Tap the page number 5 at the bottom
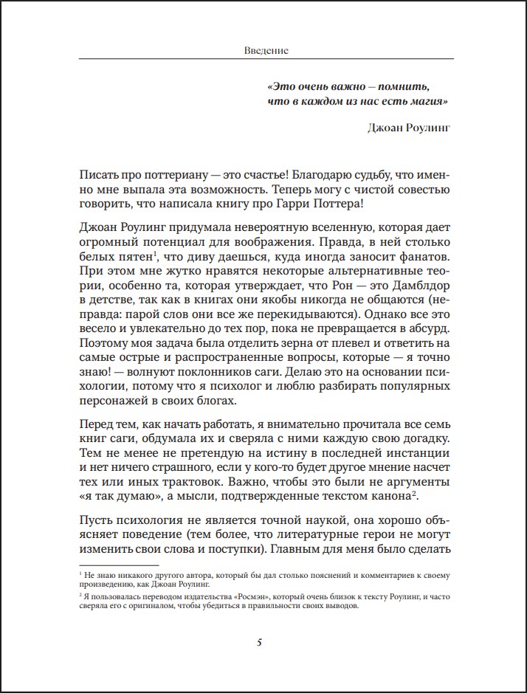pyautogui.click(x=259, y=642)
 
